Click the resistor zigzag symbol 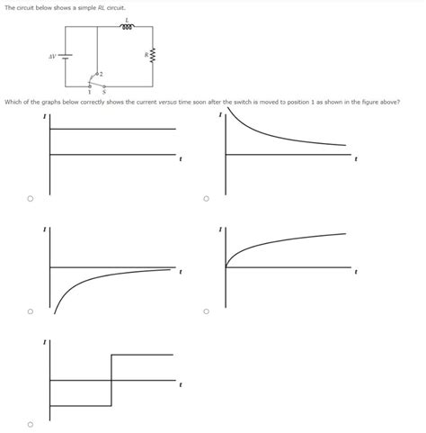pos(152,55)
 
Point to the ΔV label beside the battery pos(52,56)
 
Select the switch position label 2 pos(102,74)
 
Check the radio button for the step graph pos(30,424)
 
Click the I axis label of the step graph pos(45,343)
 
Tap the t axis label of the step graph pos(181,385)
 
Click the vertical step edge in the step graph pos(111,380)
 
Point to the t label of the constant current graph pos(181,160)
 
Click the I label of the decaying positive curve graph pos(220,115)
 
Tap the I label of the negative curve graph pos(45,230)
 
